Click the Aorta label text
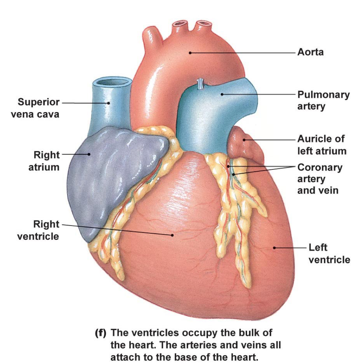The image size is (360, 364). (310, 52)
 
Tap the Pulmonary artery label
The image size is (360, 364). (323, 100)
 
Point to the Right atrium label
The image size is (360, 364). (44, 161)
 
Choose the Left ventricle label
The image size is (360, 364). (329, 254)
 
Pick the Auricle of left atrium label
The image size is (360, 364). (321, 145)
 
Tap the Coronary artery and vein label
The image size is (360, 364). (319, 179)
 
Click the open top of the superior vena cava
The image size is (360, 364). (111, 83)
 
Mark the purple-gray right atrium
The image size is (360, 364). (117, 175)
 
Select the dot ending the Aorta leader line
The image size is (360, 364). (190, 53)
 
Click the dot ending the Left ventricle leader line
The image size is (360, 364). (274, 248)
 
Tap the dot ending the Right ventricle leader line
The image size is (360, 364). (172, 235)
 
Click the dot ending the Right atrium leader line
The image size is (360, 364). (89, 154)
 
